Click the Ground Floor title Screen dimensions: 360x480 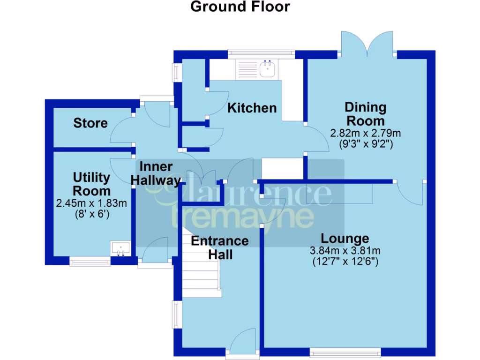point(240,7)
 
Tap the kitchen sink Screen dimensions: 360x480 point(268,69)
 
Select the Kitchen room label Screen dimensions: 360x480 point(252,108)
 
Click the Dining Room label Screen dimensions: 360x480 point(366,114)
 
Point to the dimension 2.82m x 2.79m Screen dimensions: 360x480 point(366,133)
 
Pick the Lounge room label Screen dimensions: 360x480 point(345,238)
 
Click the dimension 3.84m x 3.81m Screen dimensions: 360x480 point(345,250)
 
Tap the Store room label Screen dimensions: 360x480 point(90,123)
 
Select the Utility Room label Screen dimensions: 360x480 point(92,184)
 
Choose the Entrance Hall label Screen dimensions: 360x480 point(219,247)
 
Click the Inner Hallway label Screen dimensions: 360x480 point(157,173)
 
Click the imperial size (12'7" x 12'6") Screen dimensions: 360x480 point(345,262)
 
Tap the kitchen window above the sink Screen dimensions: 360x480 point(261,54)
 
